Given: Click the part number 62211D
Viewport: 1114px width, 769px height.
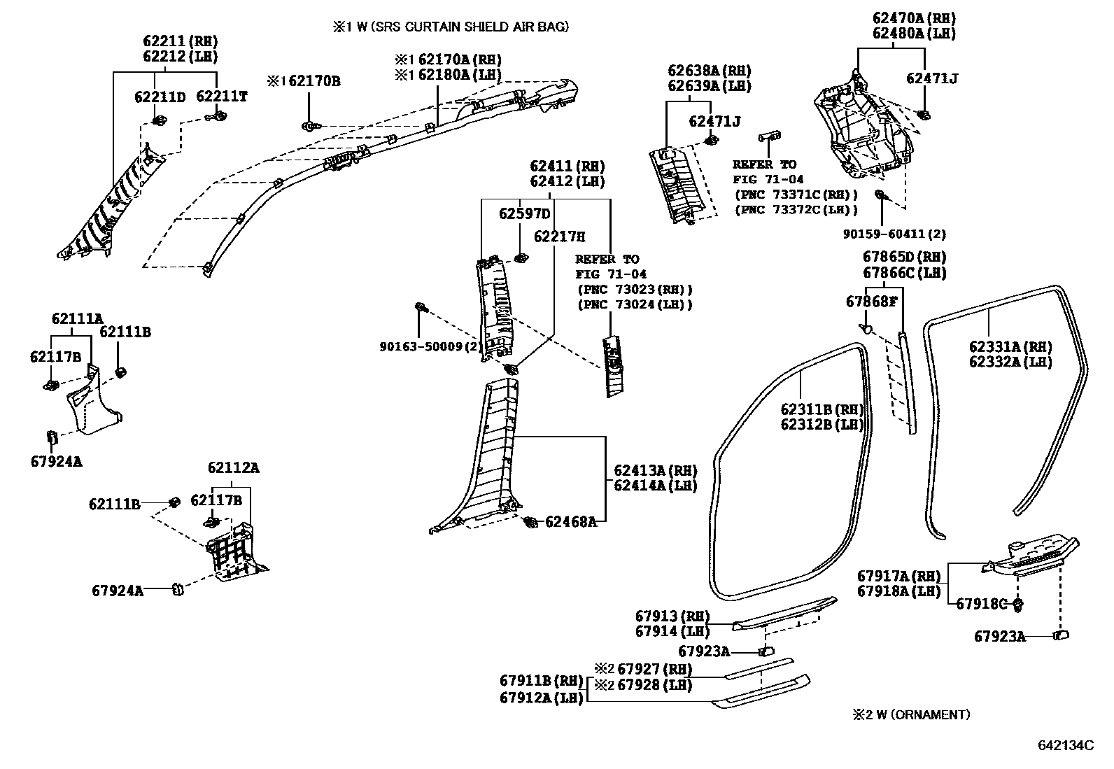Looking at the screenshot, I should (160, 97).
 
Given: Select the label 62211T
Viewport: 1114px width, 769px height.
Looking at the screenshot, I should (221, 97).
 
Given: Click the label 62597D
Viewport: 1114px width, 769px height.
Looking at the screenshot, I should (524, 213).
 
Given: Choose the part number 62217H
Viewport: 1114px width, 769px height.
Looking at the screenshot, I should (559, 237).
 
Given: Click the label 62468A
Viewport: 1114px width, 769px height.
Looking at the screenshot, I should (570, 521).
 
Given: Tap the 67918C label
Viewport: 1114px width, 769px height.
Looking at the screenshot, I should (981, 603).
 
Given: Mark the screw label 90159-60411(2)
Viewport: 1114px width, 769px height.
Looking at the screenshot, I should (894, 234).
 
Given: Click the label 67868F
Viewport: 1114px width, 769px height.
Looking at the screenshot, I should (870, 302).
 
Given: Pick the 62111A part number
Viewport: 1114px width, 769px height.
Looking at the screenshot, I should (77, 319).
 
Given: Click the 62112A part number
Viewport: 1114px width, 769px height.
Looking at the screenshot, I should (233, 468).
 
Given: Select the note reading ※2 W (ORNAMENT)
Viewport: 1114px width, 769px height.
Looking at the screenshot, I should (910, 714).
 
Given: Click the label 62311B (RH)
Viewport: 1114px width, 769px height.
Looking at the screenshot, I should (822, 409).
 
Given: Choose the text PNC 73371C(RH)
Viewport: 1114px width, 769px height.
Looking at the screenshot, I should (796, 194).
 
